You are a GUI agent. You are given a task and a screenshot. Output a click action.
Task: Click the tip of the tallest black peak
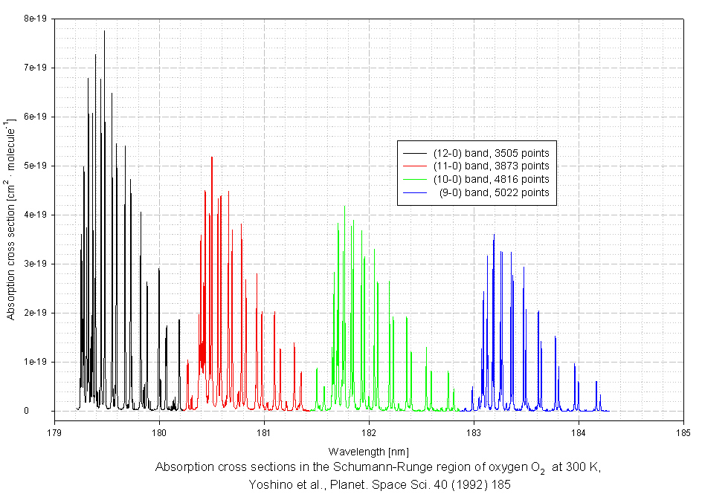104,30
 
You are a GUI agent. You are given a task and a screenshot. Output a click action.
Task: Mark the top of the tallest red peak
212,157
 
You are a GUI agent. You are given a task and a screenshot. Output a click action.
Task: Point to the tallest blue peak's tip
494,234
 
